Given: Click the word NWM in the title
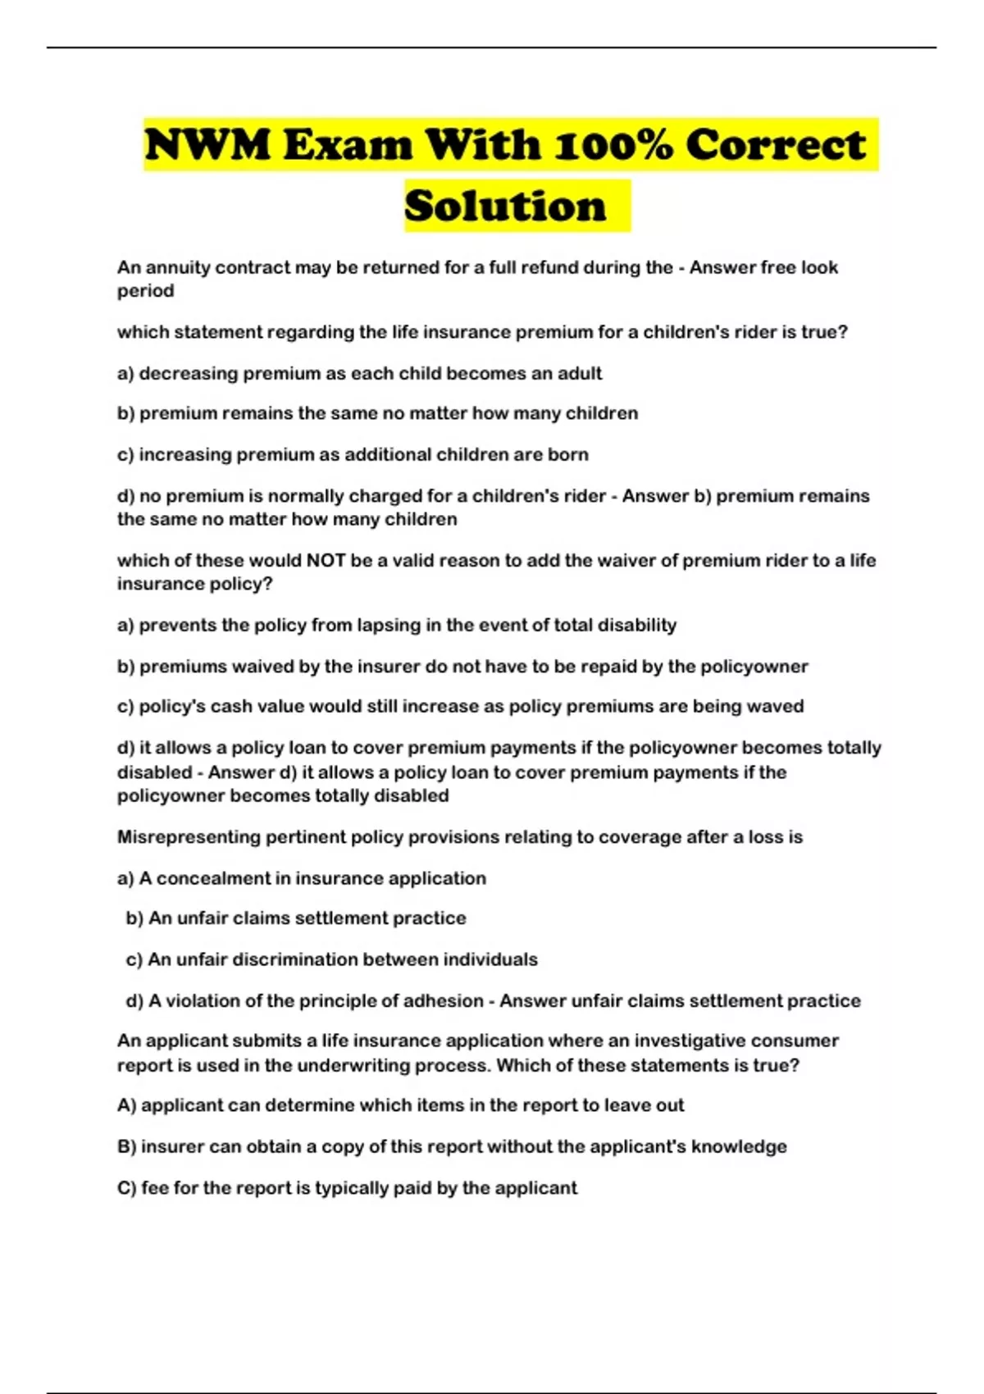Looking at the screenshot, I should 207,145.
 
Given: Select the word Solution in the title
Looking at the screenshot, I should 505,206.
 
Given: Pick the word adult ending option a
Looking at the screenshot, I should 580,374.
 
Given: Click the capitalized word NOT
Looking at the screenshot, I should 326,561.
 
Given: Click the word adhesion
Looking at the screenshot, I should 445,1001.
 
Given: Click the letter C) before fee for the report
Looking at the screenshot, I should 126,1188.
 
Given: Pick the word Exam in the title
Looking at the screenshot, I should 348,145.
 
